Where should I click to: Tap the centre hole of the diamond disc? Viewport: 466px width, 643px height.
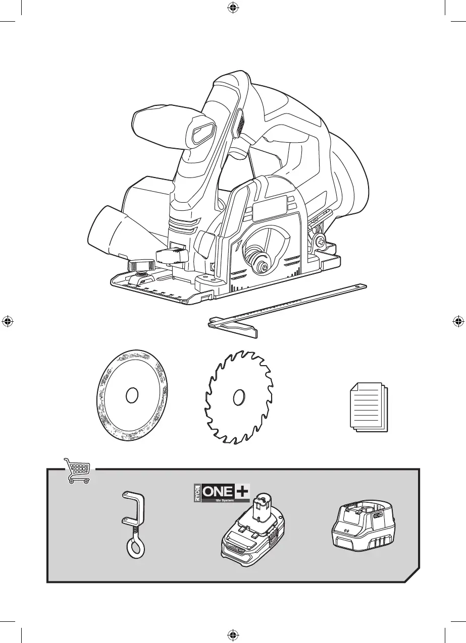[x=132, y=396]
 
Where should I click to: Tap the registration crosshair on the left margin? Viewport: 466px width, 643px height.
[x=7, y=321]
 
